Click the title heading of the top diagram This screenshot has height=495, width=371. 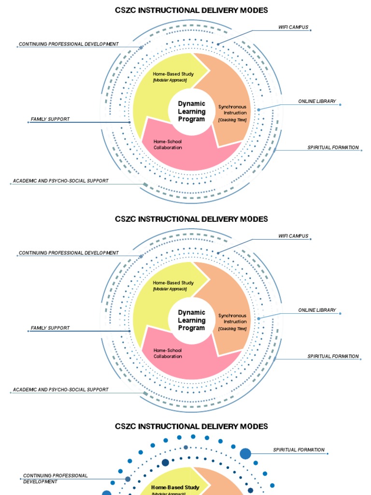pyautogui.click(x=191, y=10)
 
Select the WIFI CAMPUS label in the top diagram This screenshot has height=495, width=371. pyautogui.click(x=293, y=28)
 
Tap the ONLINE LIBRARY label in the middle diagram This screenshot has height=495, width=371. pyautogui.click(x=317, y=310)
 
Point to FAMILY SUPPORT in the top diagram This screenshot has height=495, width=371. pyautogui.click(x=50, y=119)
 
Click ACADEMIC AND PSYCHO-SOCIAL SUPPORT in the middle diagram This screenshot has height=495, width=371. pyautogui.click(x=60, y=389)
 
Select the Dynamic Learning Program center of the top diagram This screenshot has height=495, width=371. pyautogui.click(x=192, y=111)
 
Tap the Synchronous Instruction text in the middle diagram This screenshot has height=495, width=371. pyautogui.click(x=232, y=319)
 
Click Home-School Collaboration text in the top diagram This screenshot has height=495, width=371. pyautogui.click(x=168, y=145)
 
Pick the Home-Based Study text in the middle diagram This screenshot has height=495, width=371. pyautogui.click(x=173, y=283)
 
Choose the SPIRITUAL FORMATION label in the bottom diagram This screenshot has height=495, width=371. pyautogui.click(x=299, y=450)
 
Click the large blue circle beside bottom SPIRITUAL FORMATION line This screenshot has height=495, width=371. pyautogui.click(x=245, y=453)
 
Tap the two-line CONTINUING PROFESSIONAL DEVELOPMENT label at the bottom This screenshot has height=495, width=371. pyautogui.click(x=55, y=479)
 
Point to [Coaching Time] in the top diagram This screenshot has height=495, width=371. pyautogui.click(x=232, y=119)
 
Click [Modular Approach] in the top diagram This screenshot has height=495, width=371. pyautogui.click(x=170, y=80)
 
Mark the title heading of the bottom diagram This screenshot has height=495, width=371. pyautogui.click(x=191, y=426)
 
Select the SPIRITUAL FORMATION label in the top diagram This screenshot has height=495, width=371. pyautogui.click(x=333, y=147)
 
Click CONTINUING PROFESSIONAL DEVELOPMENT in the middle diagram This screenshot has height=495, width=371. pyautogui.click(x=68, y=253)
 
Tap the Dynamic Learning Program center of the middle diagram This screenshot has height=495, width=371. pyautogui.click(x=192, y=320)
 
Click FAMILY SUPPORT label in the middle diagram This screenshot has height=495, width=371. pyautogui.click(x=50, y=328)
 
